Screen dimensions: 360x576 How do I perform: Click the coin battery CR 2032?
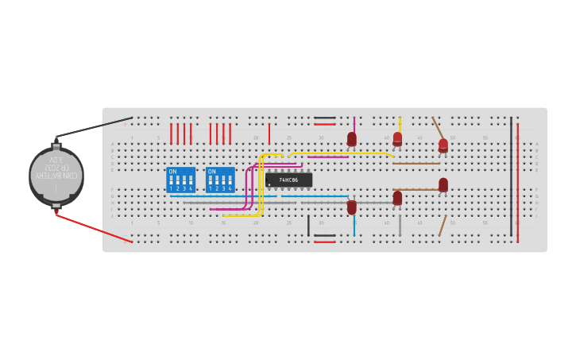tap(56, 176)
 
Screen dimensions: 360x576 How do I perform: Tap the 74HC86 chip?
tap(288, 180)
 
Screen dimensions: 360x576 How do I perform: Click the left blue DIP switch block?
tap(180, 180)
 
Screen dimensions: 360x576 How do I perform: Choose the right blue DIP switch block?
tap(220, 180)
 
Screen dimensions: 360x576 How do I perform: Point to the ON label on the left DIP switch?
tap(173, 172)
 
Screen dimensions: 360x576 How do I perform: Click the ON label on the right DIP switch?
tap(212, 172)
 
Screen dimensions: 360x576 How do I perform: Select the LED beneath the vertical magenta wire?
tap(352, 140)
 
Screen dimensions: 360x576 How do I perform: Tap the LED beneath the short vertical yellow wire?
tap(397, 139)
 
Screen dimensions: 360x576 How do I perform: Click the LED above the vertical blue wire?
tap(352, 207)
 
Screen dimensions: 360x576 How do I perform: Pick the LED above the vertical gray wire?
tap(397, 197)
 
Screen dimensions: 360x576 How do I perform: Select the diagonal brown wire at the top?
tap(438, 129)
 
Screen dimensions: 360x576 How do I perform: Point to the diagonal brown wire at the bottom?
tap(443, 226)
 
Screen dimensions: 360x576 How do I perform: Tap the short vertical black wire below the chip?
tap(308, 225)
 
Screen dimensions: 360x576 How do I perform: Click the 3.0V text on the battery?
tap(56, 160)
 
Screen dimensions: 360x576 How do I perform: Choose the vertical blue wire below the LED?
tap(354, 225)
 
